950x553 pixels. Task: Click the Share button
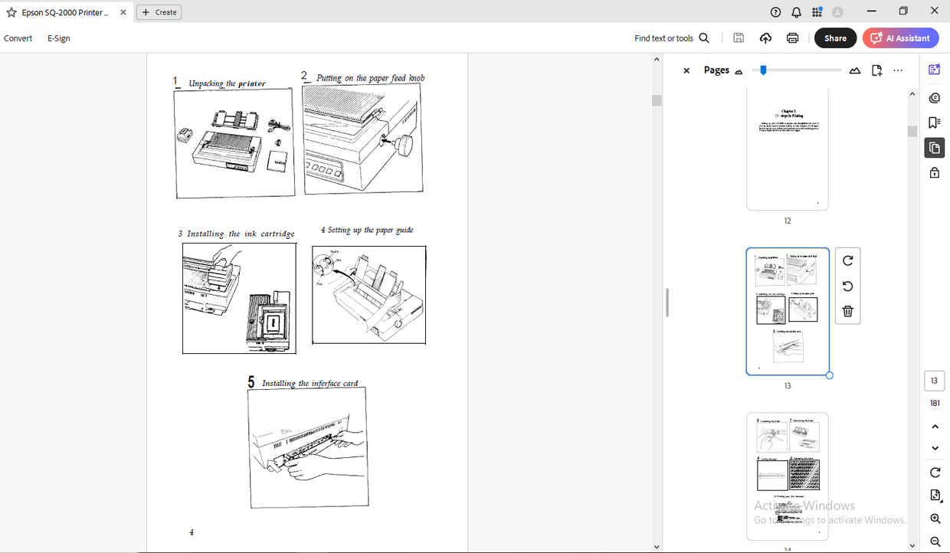tap(835, 38)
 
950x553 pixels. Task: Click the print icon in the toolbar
tap(792, 38)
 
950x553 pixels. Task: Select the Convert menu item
tap(18, 38)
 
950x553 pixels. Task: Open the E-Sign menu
tap(59, 38)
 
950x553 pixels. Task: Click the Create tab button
tap(159, 12)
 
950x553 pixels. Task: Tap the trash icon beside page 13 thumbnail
tap(847, 311)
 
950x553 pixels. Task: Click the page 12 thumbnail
tap(787, 149)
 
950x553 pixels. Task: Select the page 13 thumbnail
tap(787, 311)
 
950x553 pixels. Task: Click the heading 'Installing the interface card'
tap(310, 383)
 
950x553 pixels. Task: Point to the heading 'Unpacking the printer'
tap(228, 83)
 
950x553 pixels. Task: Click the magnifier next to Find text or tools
tap(704, 38)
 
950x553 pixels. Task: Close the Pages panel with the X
tap(686, 70)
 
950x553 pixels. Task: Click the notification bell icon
tap(796, 12)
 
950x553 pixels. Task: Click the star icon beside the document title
tap(11, 12)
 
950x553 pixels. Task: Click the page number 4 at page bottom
tap(192, 532)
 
